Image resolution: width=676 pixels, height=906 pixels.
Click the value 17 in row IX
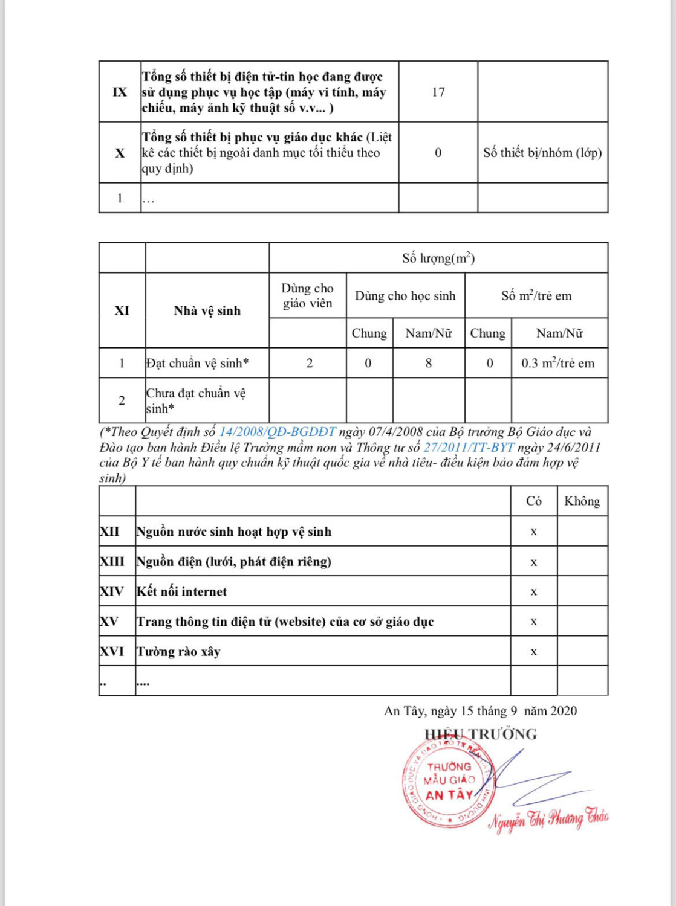(438, 92)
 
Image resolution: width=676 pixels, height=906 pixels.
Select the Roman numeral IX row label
(120, 92)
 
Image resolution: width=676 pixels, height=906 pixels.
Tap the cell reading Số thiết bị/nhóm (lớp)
(542, 153)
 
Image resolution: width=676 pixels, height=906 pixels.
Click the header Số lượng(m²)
(438, 258)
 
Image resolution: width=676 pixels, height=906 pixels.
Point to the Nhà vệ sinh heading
(207, 310)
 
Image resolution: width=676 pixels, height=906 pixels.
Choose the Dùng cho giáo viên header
(308, 295)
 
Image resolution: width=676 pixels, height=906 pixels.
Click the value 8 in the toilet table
(429, 363)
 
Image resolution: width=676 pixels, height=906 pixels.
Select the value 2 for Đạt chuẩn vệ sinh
(310, 363)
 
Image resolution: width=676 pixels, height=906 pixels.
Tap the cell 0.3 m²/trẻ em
(558, 363)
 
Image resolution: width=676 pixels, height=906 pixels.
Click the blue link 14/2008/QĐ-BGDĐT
(277, 432)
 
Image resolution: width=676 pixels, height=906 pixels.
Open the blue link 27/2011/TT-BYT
(469, 448)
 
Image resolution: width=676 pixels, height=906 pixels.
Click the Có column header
(533, 501)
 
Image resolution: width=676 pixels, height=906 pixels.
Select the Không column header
(582, 501)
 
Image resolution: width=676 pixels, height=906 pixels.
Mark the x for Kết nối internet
(533, 592)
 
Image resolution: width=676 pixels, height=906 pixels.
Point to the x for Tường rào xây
(533, 652)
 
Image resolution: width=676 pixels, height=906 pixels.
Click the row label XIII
(112, 562)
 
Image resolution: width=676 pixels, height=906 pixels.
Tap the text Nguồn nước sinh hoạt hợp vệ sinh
(234, 532)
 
